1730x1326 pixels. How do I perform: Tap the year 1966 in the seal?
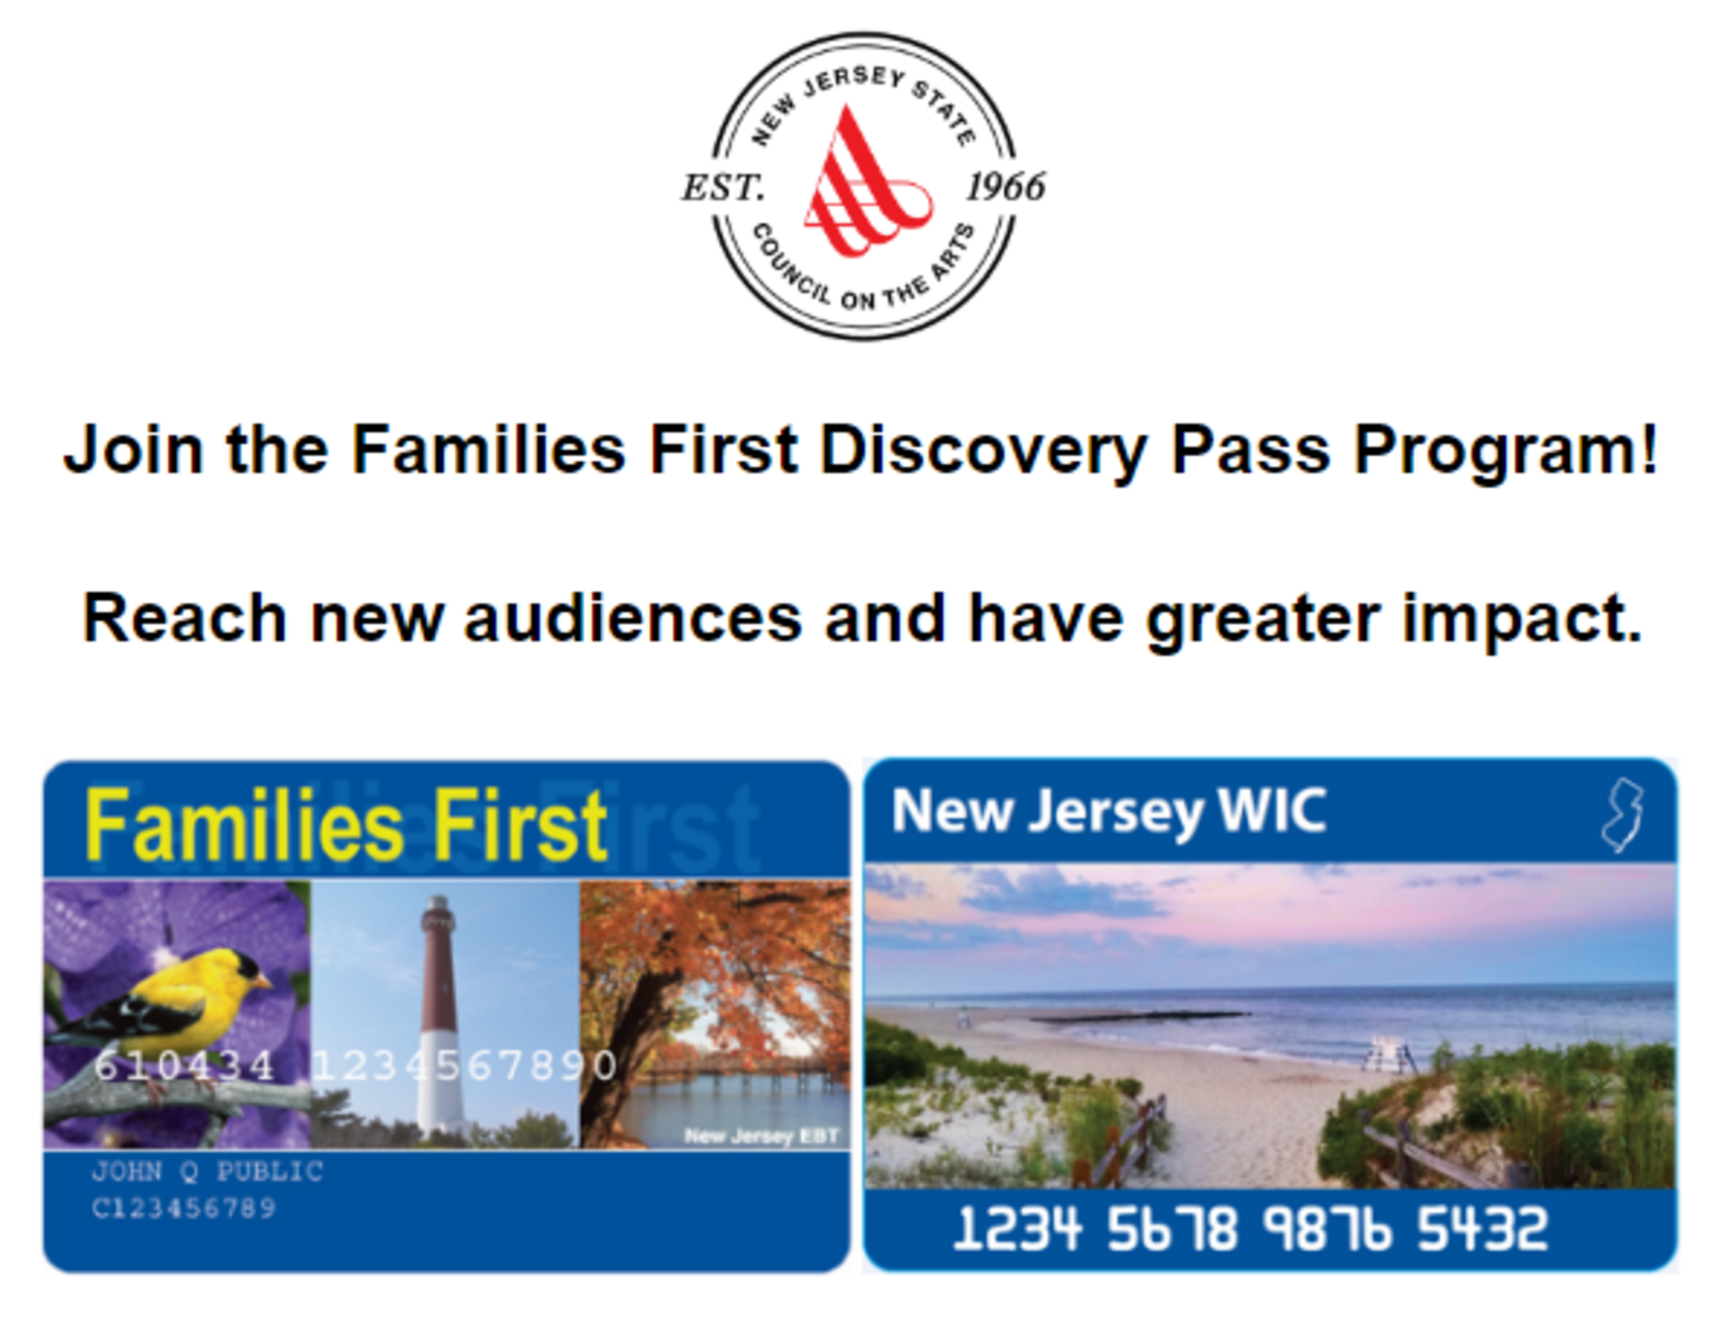coord(1006,187)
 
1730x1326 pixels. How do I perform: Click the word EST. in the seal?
coord(723,188)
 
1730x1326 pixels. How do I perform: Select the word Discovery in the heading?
coord(984,452)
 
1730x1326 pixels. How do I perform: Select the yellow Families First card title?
coord(346,825)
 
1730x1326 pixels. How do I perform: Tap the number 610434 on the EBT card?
coord(184,1066)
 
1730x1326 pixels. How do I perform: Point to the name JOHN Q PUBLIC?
coord(207,1171)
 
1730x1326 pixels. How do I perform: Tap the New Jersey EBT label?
coord(761,1137)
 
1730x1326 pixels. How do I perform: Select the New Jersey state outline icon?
coord(1622,816)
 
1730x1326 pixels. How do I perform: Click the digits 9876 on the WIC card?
coord(1327,1229)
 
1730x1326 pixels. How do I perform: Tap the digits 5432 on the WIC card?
coord(1482,1229)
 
